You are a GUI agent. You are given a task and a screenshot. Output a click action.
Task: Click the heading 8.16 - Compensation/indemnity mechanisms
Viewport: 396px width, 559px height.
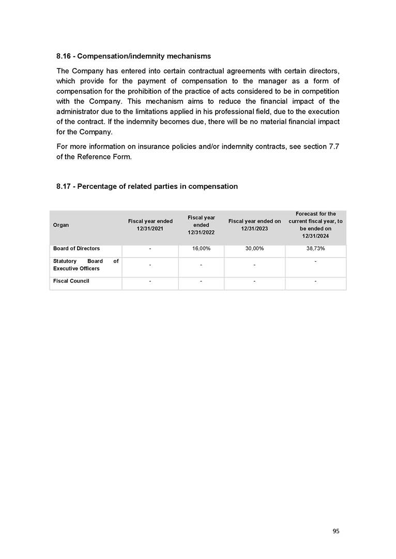[x=133, y=56]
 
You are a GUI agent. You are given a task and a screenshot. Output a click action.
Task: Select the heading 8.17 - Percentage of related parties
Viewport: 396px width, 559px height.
[x=147, y=186]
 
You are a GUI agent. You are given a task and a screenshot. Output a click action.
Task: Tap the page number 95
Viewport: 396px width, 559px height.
[x=336, y=531]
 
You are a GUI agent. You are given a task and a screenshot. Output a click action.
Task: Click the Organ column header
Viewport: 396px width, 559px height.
[x=61, y=225]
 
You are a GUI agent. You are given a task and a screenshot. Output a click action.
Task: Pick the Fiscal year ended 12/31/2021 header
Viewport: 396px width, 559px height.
[x=150, y=225]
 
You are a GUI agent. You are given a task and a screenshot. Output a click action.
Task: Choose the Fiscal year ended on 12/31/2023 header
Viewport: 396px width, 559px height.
[x=254, y=225]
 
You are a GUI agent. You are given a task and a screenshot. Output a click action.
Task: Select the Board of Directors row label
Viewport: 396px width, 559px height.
[x=77, y=249]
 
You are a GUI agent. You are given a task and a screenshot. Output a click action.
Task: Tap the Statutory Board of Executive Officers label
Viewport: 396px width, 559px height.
[x=86, y=265]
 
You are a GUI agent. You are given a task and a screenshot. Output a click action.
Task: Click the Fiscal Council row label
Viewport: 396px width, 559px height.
[x=71, y=281]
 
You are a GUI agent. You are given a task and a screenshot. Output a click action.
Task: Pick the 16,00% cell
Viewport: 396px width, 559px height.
[x=201, y=249]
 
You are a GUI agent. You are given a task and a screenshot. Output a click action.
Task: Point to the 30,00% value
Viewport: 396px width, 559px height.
[x=254, y=249]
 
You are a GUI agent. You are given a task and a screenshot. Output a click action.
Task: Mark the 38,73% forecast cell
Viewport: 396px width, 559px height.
[x=315, y=249]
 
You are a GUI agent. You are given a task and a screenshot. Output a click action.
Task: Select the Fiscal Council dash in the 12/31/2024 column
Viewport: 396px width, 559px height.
[x=315, y=282]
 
